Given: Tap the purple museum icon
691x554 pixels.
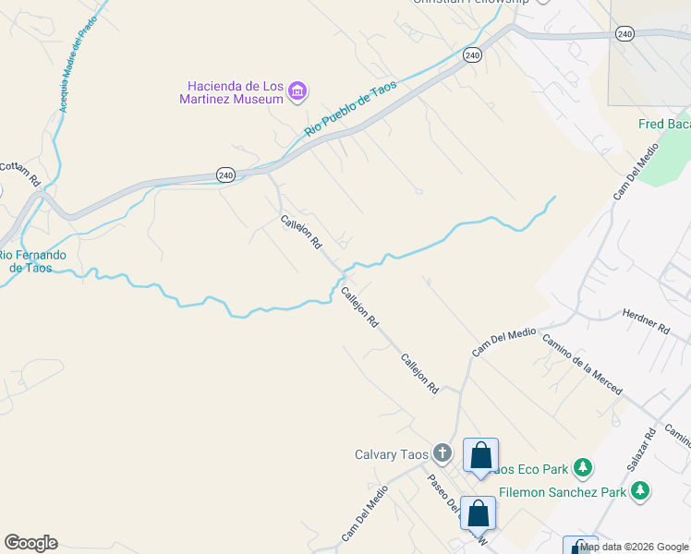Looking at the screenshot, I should coord(297,90).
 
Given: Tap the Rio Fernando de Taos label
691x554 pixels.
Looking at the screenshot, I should coord(31,261).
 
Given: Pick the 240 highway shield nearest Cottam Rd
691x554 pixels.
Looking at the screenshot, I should coord(227,175).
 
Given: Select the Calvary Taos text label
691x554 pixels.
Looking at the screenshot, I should coord(391,454).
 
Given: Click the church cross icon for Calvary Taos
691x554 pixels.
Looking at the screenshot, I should coord(442,453).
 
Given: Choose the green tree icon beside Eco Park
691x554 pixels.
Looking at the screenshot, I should coord(582,468).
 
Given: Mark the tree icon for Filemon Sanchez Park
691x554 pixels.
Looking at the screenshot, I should coord(639,491).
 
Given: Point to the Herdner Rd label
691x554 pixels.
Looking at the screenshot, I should coord(646,321).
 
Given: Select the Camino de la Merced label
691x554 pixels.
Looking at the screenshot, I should coord(581,365).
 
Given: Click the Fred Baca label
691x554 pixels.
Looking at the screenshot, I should coord(664,125).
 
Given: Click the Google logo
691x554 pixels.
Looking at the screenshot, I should coord(30,543).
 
